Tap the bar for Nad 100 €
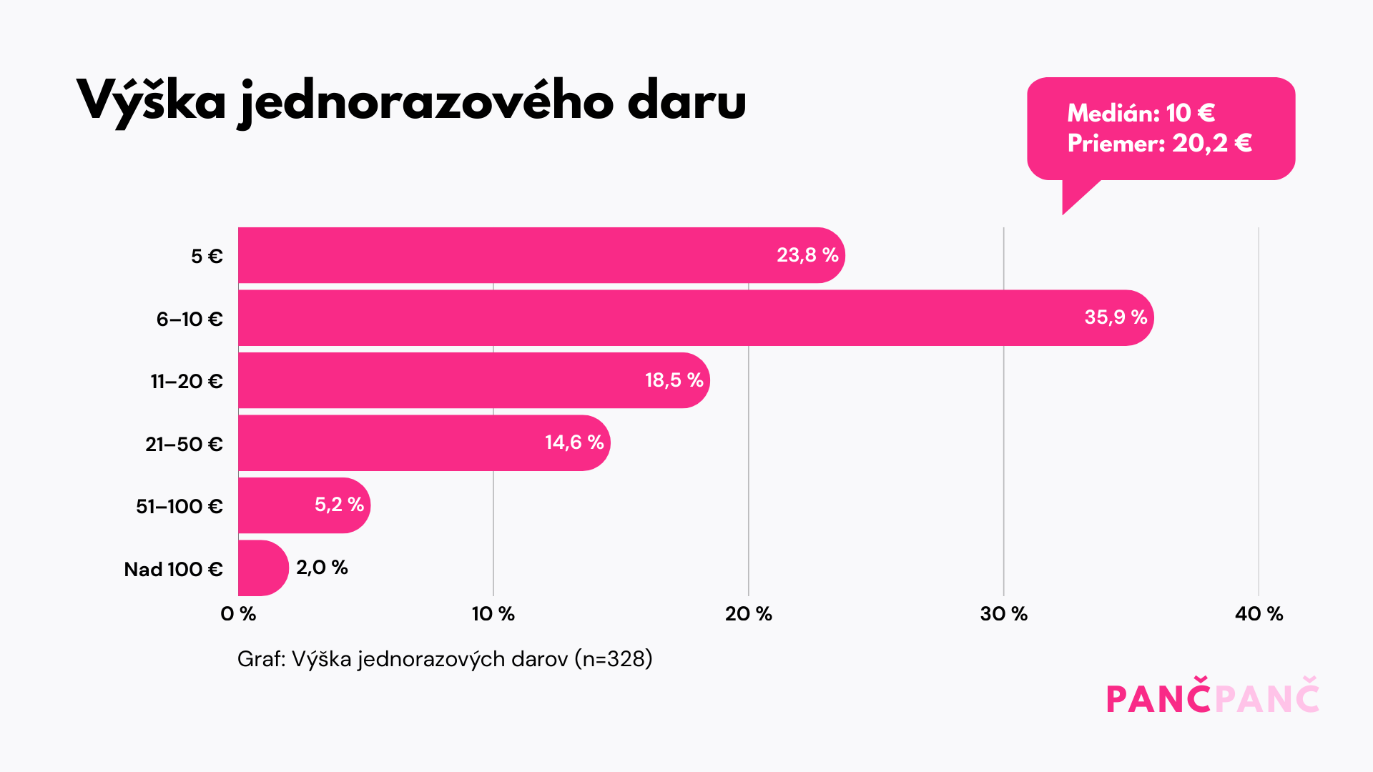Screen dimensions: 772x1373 [x=262, y=568]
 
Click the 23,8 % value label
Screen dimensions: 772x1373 [x=807, y=255]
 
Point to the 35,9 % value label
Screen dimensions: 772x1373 [x=1116, y=317]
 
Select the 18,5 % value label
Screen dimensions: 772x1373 [x=674, y=380]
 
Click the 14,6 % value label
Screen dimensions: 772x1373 [x=574, y=442]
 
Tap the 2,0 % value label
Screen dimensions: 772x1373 [x=322, y=568]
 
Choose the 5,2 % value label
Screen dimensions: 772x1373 [x=339, y=505]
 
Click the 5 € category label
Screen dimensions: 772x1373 [x=207, y=256]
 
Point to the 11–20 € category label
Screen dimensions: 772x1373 [x=187, y=381]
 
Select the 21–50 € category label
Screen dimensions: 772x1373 [x=184, y=444]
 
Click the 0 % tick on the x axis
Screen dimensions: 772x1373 [x=238, y=613]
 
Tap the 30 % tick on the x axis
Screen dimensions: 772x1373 [x=1003, y=613]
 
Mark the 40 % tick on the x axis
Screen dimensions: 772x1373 [x=1259, y=613]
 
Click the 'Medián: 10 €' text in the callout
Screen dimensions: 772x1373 [x=1141, y=113]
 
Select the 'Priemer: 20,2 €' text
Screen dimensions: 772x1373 [x=1159, y=144]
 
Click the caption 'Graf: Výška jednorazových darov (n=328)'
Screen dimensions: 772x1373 [x=445, y=658]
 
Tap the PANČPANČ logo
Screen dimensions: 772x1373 [x=1212, y=696]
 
